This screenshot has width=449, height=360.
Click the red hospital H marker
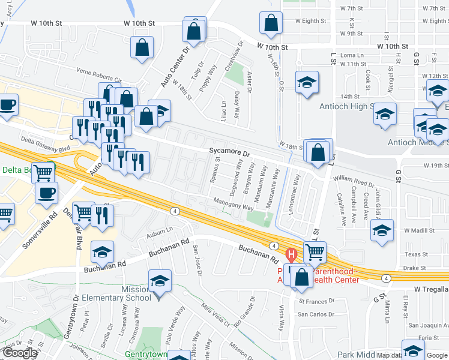pos(292,255)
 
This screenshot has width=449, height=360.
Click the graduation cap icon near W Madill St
pos(382,231)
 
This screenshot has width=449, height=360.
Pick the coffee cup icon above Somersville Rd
pos(47,193)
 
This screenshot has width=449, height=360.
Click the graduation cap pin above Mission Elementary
pos(160,281)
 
